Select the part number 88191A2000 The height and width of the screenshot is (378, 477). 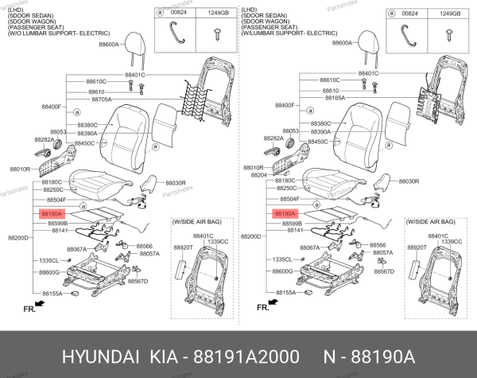[x=242, y=353]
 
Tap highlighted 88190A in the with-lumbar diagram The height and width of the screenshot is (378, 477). [x=285, y=215]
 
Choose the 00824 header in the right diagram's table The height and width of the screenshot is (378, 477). [x=410, y=14]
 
